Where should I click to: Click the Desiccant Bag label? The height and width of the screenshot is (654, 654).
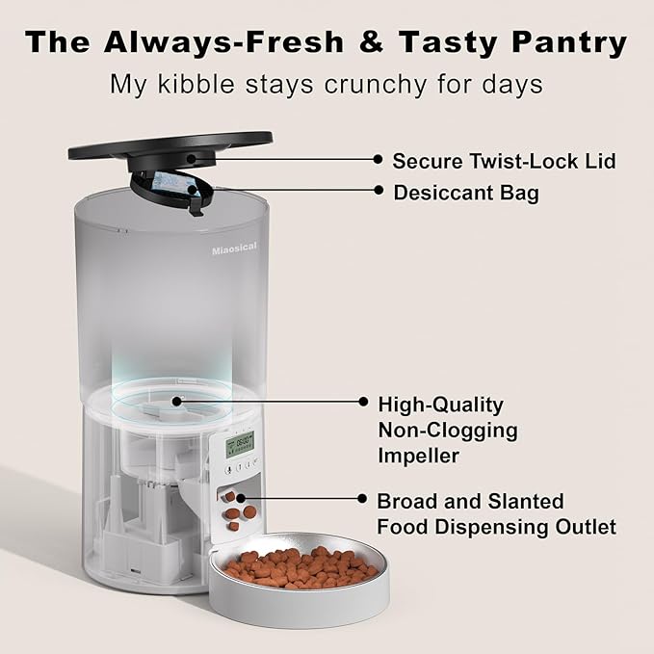tap(466, 193)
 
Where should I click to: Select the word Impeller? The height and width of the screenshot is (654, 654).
tap(418, 455)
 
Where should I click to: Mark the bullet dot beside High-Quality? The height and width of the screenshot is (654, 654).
tap(363, 403)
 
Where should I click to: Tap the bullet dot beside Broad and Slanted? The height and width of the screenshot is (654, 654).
tap(361, 501)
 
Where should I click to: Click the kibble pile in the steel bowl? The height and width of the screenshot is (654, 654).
tap(301, 567)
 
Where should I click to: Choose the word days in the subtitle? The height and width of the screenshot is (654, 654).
tap(514, 84)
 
